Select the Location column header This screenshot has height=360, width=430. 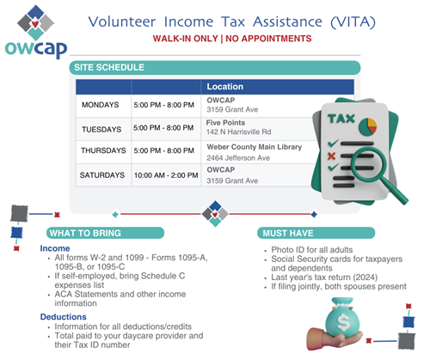tap(226, 88)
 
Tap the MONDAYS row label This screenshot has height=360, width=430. tap(101, 105)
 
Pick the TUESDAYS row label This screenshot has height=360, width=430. tap(101, 128)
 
